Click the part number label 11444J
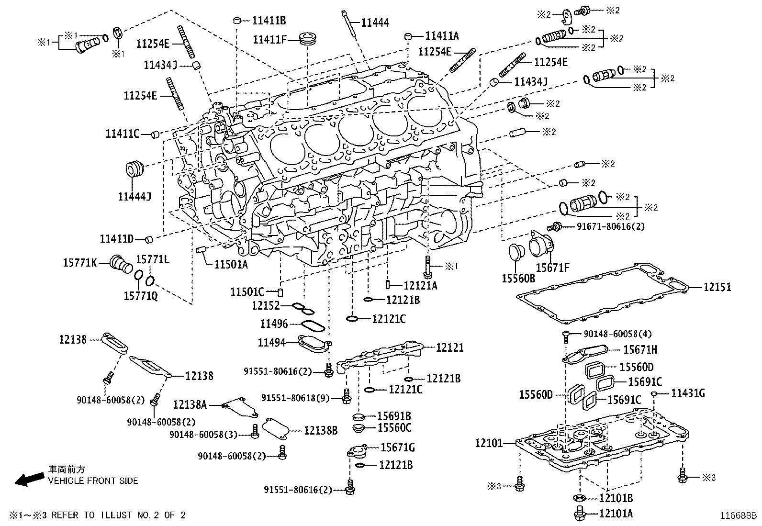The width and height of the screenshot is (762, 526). coord(134,196)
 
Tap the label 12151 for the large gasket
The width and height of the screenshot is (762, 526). coord(717,287)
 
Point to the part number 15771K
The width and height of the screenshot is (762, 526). coord(80,262)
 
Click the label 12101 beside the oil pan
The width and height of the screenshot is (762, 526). coord(489,443)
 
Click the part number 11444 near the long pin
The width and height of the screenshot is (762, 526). coord(375,22)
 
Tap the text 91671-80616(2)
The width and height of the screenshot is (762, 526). coord(604,226)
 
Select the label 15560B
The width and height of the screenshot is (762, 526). coord(518,278)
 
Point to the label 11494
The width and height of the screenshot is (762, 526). coord(271,342)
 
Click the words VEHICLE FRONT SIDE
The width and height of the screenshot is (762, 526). coord(93,481)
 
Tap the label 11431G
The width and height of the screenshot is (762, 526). coord(688,393)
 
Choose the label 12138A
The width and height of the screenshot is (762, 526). coord(190,405)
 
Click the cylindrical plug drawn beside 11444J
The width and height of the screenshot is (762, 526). coord(135,169)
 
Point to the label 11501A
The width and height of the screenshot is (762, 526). coord(231,264)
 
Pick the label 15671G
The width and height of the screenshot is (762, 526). coord(397,448)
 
